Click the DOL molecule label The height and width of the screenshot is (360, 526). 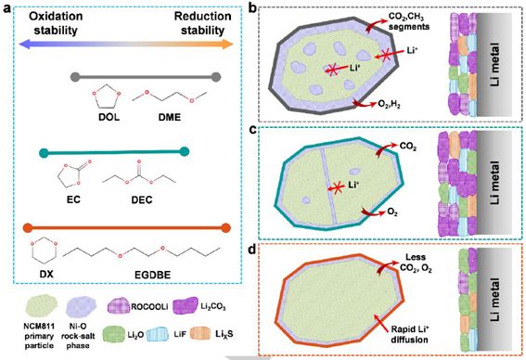(109, 117)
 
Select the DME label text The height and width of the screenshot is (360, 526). (170, 117)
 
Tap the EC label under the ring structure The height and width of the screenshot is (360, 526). (73, 200)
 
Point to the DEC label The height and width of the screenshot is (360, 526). (142, 200)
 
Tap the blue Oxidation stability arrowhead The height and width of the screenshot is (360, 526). (25, 44)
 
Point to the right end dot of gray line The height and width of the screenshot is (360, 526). (216, 77)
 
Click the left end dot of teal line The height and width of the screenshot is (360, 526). (44, 153)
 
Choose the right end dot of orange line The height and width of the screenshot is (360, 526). (226, 228)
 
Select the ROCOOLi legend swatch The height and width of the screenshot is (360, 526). (119, 305)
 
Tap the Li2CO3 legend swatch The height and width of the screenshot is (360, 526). (185, 305)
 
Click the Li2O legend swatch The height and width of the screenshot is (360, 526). (115, 335)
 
